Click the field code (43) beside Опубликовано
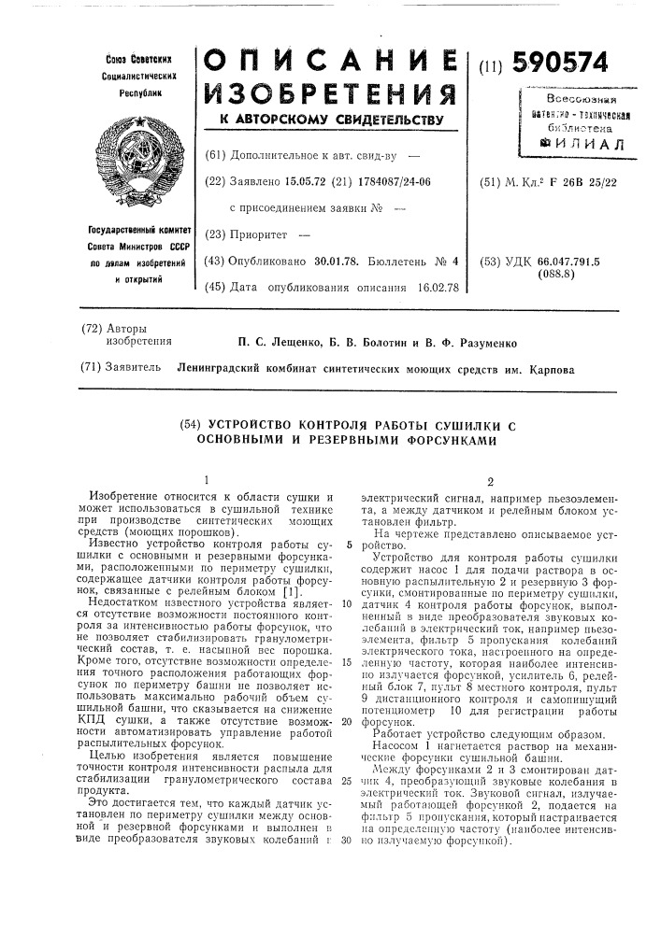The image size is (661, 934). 214,262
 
